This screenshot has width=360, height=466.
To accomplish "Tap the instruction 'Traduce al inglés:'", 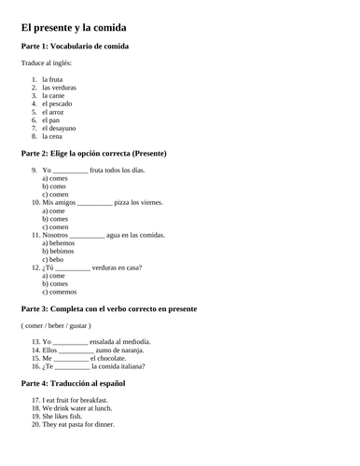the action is tap(46, 63).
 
